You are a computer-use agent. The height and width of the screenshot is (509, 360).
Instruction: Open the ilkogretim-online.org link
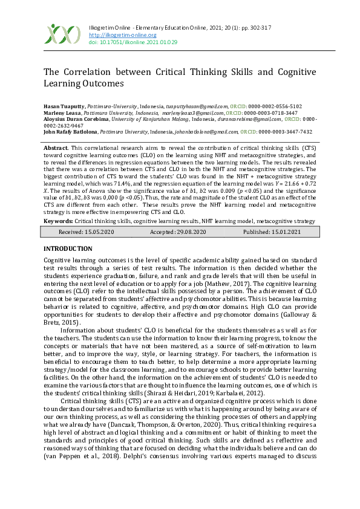pos(123,35)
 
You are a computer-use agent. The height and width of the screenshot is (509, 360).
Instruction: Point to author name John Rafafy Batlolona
pos(71,131)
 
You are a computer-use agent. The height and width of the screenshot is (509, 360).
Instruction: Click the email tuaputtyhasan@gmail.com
pos(201,105)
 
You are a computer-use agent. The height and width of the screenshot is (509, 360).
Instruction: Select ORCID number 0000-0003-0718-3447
pos(272,112)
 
